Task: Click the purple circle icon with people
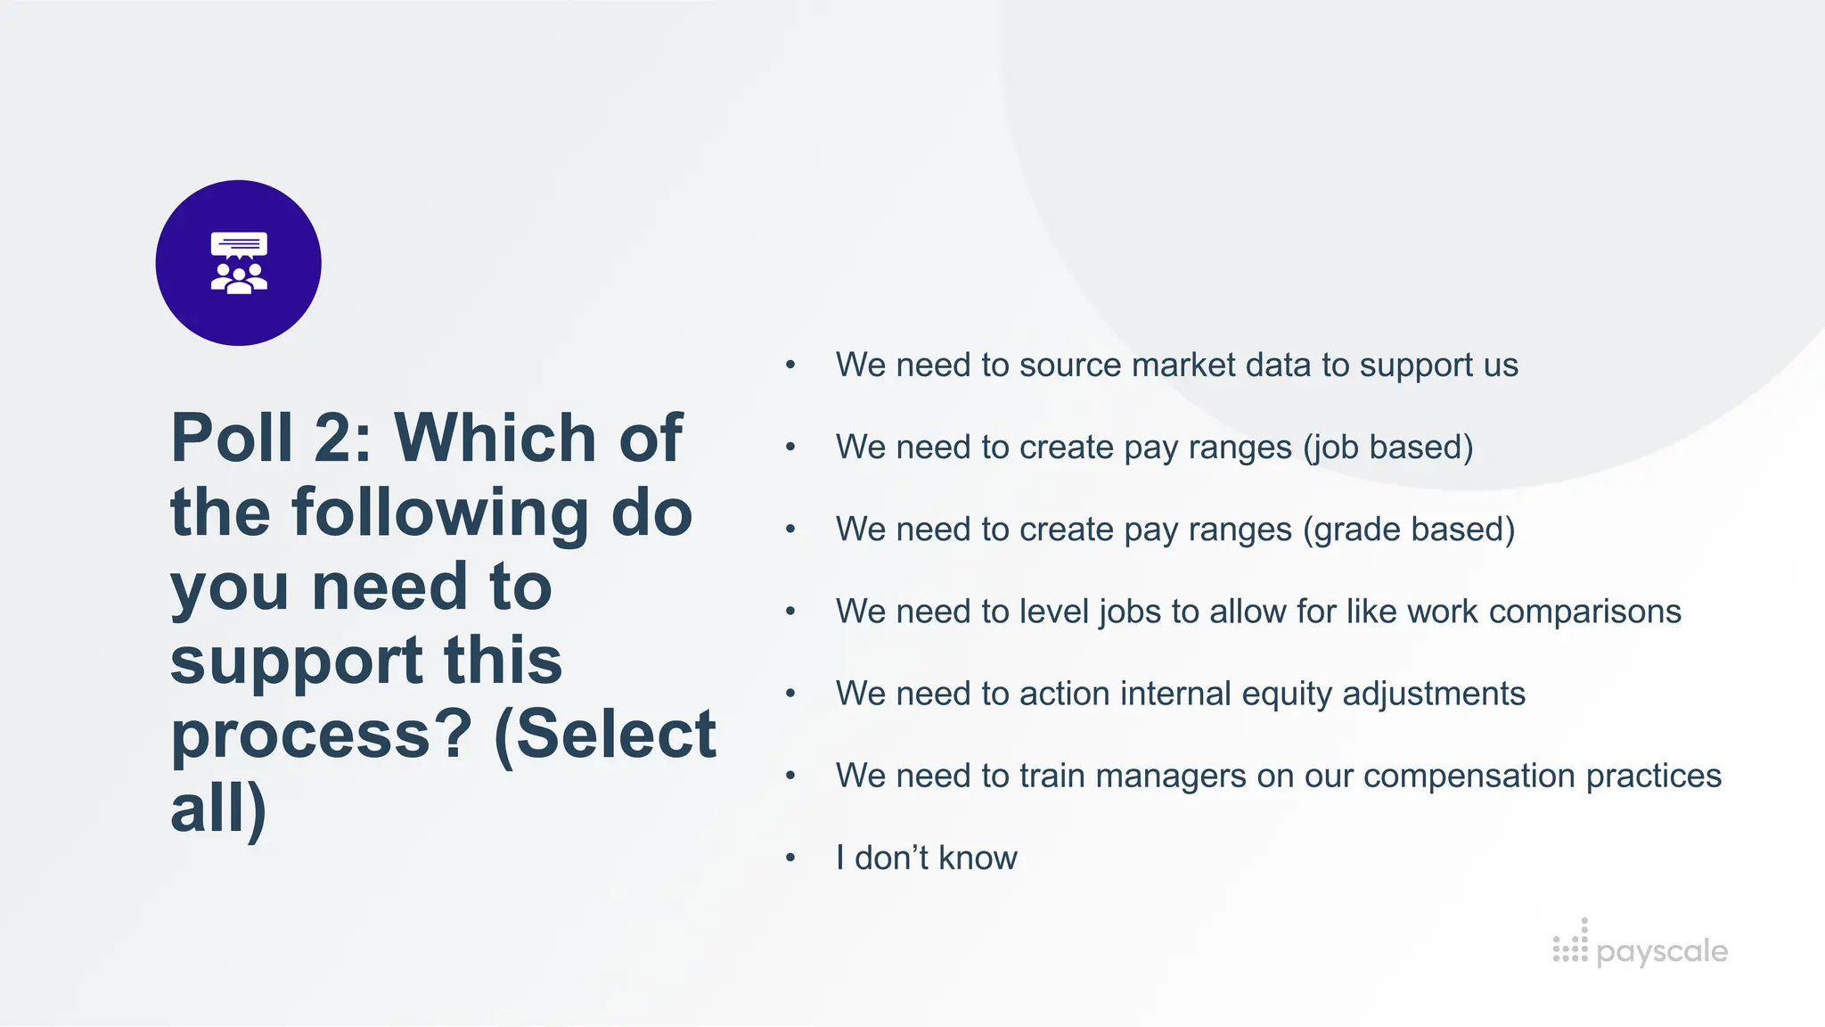pos(238,263)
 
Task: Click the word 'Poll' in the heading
pos(232,438)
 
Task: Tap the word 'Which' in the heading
pos(495,438)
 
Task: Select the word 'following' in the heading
pos(440,513)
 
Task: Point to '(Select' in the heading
pos(605,735)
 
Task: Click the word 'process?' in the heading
pos(321,736)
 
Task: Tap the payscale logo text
pos(1662,951)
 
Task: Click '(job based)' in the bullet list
pos(1387,448)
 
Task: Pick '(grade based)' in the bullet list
pos(1408,530)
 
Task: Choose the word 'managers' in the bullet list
pos(1170,776)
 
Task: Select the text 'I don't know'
pos(926,858)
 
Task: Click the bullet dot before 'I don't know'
pos(790,858)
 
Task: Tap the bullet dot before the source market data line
pos(790,365)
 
